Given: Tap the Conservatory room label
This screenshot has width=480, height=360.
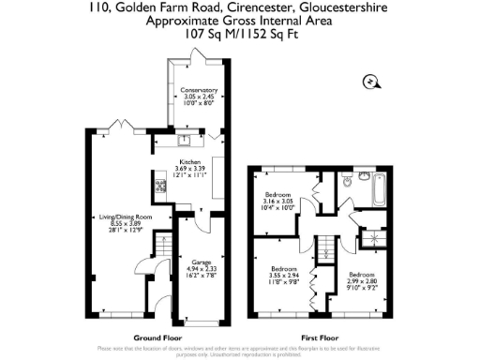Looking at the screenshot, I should point(198,90).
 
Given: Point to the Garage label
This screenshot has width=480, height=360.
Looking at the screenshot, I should point(200,262).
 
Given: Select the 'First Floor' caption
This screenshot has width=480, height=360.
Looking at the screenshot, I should point(320,337).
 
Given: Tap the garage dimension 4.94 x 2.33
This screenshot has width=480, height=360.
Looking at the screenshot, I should point(200,269).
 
